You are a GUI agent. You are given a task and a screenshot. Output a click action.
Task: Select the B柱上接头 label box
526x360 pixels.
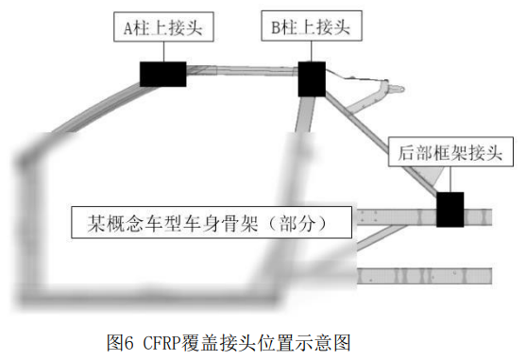311,28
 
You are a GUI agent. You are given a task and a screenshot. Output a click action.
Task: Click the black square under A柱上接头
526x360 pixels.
162,74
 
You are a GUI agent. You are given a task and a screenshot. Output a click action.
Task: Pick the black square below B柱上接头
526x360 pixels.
312,79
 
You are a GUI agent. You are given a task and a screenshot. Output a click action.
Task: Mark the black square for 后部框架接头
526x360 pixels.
450,209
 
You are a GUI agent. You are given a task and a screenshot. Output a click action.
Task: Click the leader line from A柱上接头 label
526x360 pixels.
163,52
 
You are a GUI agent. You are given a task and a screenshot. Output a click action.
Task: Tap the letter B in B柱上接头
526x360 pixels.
277,28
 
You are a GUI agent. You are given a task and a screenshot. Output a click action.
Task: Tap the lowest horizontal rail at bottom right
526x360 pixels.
425,276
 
